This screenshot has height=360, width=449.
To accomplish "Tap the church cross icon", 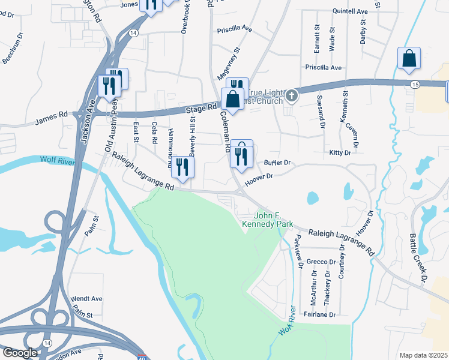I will tap(291, 95).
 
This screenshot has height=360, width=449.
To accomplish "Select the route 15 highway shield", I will tap(415, 86).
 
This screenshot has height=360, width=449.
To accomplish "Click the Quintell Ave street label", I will tap(350, 11).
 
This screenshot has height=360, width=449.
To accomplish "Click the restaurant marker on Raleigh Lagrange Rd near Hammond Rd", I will tap(183, 167).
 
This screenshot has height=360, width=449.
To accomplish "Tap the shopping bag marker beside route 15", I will tap(409, 59).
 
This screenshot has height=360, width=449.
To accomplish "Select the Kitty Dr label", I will tap(340, 153).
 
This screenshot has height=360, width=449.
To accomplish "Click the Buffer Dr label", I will tap(277, 163).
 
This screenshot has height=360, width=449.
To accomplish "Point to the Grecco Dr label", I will tap(321, 262).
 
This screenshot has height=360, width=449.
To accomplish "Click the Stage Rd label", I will tap(200, 108).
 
